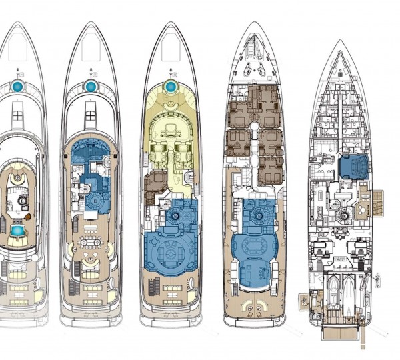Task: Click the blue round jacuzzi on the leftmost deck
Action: (x=18, y=87)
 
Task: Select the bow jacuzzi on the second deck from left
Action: (x=91, y=87)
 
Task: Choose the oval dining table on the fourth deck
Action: (x=255, y=244)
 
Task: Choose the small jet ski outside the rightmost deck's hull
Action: (x=377, y=275)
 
